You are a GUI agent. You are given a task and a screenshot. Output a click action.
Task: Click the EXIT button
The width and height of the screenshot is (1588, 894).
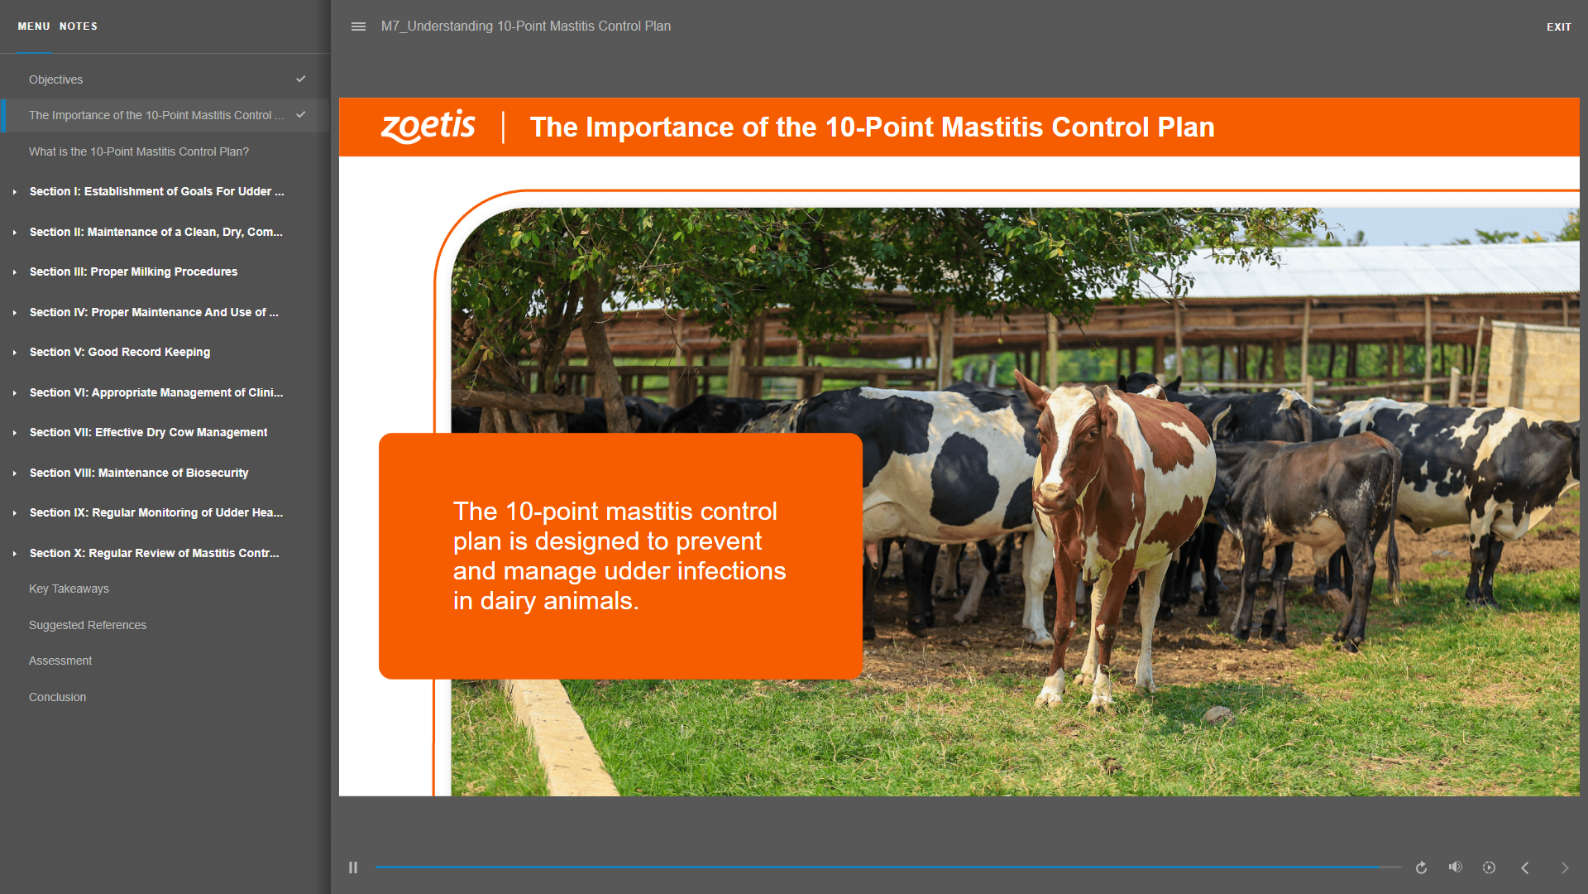pyautogui.click(x=1558, y=26)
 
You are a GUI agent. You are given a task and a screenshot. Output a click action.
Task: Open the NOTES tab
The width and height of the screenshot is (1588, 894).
pyautogui.click(x=79, y=26)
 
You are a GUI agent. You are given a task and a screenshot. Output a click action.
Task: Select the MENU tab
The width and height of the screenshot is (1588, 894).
pyautogui.click(x=34, y=26)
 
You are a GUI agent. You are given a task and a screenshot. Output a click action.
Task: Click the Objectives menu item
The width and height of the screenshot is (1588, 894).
pyautogui.click(x=56, y=79)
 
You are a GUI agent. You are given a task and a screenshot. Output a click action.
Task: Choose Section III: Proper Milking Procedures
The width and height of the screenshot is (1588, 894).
pyautogui.click(x=133, y=272)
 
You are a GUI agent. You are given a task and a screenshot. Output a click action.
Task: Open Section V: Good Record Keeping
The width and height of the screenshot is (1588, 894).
pyautogui.click(x=120, y=352)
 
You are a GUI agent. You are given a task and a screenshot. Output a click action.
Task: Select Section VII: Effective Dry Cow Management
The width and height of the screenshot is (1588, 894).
pyautogui.click(x=148, y=432)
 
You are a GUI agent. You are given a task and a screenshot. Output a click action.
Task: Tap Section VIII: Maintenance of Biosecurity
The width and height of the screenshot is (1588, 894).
pyautogui.click(x=139, y=473)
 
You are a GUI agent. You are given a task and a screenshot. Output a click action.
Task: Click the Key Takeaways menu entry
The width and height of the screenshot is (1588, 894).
pyautogui.click(x=69, y=589)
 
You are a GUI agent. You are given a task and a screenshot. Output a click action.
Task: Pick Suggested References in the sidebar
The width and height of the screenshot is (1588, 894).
pyautogui.click(x=88, y=625)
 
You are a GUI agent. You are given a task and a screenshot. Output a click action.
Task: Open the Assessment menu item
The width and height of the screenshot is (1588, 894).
pyautogui.click(x=60, y=661)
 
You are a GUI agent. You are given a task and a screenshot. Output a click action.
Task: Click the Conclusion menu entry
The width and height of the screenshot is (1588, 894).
pyautogui.click(x=57, y=697)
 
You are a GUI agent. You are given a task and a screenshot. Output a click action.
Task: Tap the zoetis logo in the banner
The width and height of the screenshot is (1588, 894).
pyautogui.click(x=428, y=127)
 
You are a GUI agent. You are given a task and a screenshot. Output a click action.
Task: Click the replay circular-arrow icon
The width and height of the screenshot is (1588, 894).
pyautogui.click(x=1421, y=868)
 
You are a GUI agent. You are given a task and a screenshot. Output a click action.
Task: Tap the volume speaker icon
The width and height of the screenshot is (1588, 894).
pyautogui.click(x=1456, y=867)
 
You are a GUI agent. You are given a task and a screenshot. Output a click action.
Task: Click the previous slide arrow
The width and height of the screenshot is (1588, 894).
pyautogui.click(x=1525, y=868)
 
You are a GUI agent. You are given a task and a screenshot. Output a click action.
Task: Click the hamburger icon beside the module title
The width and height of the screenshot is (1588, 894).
pyautogui.click(x=358, y=26)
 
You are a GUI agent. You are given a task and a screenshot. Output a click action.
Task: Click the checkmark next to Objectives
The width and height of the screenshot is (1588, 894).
pyautogui.click(x=301, y=79)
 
